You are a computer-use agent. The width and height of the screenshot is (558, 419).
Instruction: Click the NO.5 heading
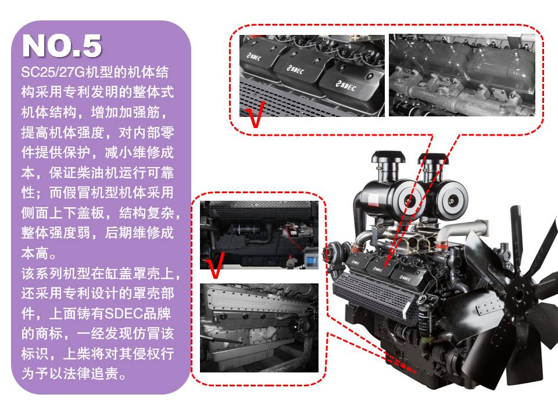coord(62,45)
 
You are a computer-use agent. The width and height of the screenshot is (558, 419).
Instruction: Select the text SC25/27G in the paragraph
coord(53,72)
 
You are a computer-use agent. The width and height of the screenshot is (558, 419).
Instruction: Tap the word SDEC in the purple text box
coord(123,314)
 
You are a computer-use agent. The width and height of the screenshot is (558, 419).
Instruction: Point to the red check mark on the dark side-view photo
coord(216,265)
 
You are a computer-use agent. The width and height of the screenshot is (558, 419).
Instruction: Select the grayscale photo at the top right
coord(462,75)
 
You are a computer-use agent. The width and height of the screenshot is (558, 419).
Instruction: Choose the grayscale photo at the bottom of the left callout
coord(259,328)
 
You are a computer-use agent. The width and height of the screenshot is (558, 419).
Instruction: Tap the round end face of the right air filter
coord(453,200)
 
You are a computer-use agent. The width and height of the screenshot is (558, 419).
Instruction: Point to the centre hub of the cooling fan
coord(519,294)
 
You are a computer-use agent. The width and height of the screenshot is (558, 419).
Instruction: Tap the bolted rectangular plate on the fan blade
coord(490,307)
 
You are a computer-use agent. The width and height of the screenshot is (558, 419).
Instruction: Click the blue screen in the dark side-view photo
coord(312,261)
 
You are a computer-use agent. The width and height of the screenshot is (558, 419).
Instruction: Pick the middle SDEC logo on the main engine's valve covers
coord(378,269)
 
